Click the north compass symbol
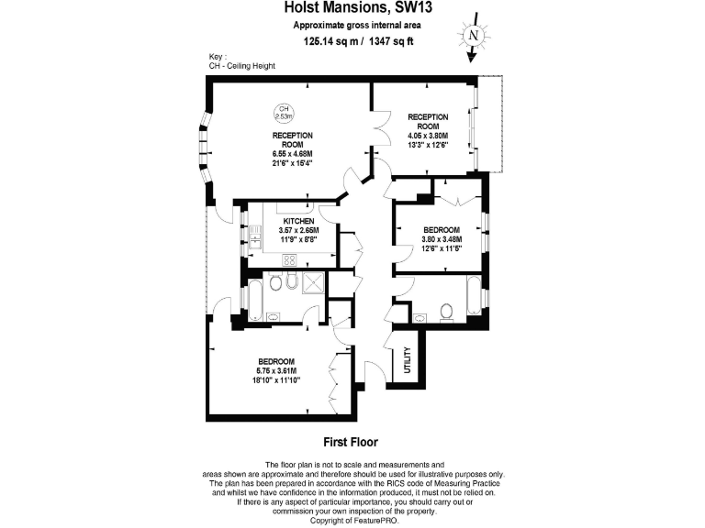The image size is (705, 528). tap(474, 36)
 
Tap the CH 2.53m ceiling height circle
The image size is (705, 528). tap(285, 113)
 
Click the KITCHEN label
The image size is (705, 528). tap(299, 222)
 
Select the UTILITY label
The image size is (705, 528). tap(408, 357)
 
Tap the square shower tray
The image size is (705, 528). tap(312, 283)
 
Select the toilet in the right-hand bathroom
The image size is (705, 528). tap(447, 313)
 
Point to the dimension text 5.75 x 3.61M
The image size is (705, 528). tap(275, 370)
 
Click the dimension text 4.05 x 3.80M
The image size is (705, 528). tap(428, 135)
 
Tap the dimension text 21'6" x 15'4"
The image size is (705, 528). tap(293, 163)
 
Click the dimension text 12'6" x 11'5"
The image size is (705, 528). tap(442, 247)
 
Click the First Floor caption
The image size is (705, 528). tap(352, 441)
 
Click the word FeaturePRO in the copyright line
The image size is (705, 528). tap(372, 520)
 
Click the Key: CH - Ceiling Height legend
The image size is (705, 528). tap(241, 61)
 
